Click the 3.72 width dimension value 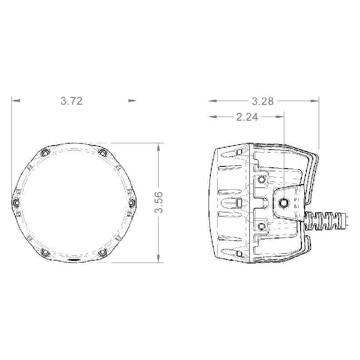coord(72,101)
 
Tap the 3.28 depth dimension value coord(263,101)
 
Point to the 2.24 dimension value coord(247,117)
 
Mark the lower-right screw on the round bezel coord(103,252)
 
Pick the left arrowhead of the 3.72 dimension coord(15,101)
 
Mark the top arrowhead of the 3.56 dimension coord(158,147)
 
